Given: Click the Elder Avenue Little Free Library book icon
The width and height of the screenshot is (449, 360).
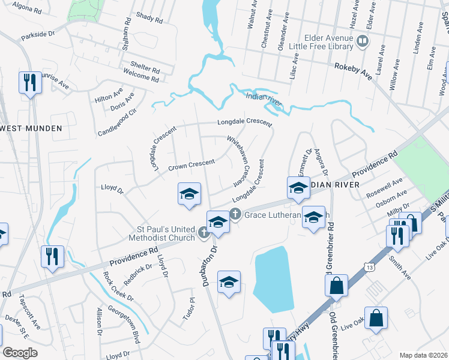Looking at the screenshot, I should (x=362, y=41).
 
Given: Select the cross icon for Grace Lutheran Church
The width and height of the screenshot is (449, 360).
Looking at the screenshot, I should (x=235, y=213).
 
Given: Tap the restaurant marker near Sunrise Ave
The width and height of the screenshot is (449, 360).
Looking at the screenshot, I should (x=29, y=83).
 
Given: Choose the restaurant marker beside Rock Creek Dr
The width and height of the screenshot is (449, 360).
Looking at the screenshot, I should (x=52, y=256).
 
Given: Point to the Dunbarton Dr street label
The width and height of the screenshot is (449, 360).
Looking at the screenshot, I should (x=209, y=264).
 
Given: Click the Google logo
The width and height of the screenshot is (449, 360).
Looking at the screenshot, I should (x=19, y=353).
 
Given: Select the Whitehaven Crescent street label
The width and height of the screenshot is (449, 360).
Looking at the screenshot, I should (x=237, y=160).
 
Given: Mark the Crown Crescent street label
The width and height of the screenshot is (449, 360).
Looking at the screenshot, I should (x=191, y=165).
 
